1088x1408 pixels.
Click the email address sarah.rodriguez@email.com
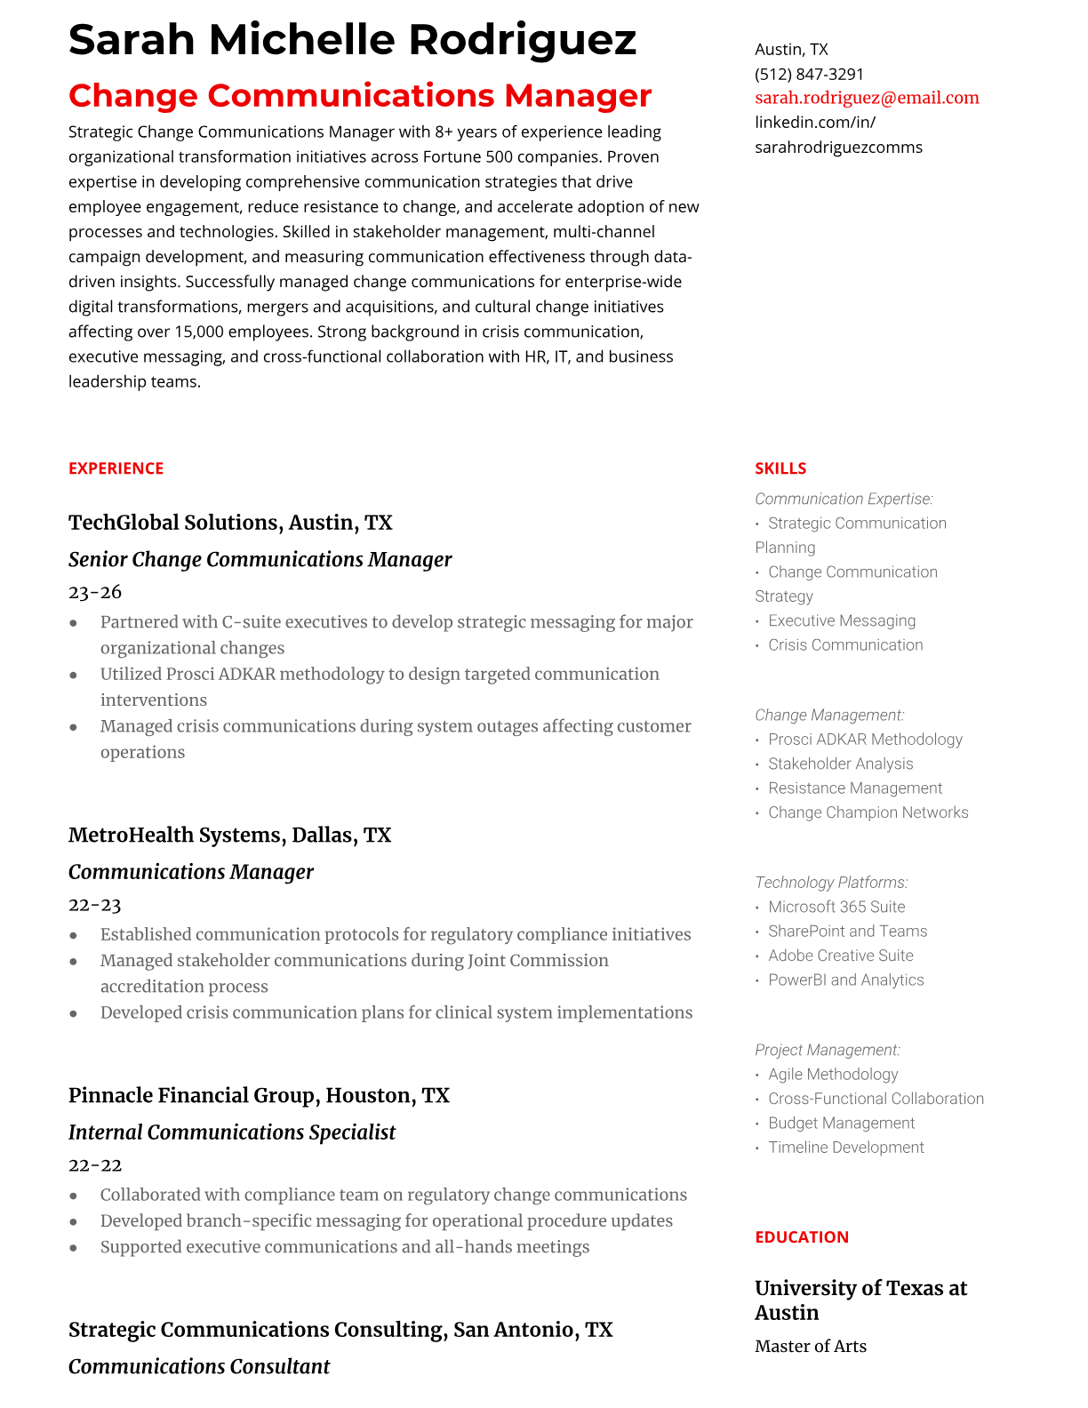coord(867,98)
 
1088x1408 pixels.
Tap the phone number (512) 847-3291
coord(809,74)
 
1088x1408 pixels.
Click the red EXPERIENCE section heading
coord(116,468)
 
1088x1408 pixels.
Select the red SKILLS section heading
coord(780,468)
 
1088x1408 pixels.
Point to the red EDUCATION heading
coord(801,1237)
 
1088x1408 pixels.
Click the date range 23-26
coord(95,592)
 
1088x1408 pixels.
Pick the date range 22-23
coord(94,905)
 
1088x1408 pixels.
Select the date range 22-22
coord(94,1165)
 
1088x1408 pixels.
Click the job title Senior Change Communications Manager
coord(260,559)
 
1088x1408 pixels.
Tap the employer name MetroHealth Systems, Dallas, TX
coord(229,836)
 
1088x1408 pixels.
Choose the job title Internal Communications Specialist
coord(231,1132)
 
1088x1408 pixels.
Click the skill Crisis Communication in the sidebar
coord(845,645)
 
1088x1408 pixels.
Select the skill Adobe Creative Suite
coord(840,956)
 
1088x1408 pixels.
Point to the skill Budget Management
coord(841,1124)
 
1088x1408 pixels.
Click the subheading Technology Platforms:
coord(831,883)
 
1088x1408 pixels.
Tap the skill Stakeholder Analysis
coord(840,764)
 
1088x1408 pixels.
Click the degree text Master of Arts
coord(810,1347)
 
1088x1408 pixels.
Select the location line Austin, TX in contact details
coord(791,50)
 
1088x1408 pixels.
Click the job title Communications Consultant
coord(199,1367)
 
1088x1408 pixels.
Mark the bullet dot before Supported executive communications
coord(74,1248)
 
